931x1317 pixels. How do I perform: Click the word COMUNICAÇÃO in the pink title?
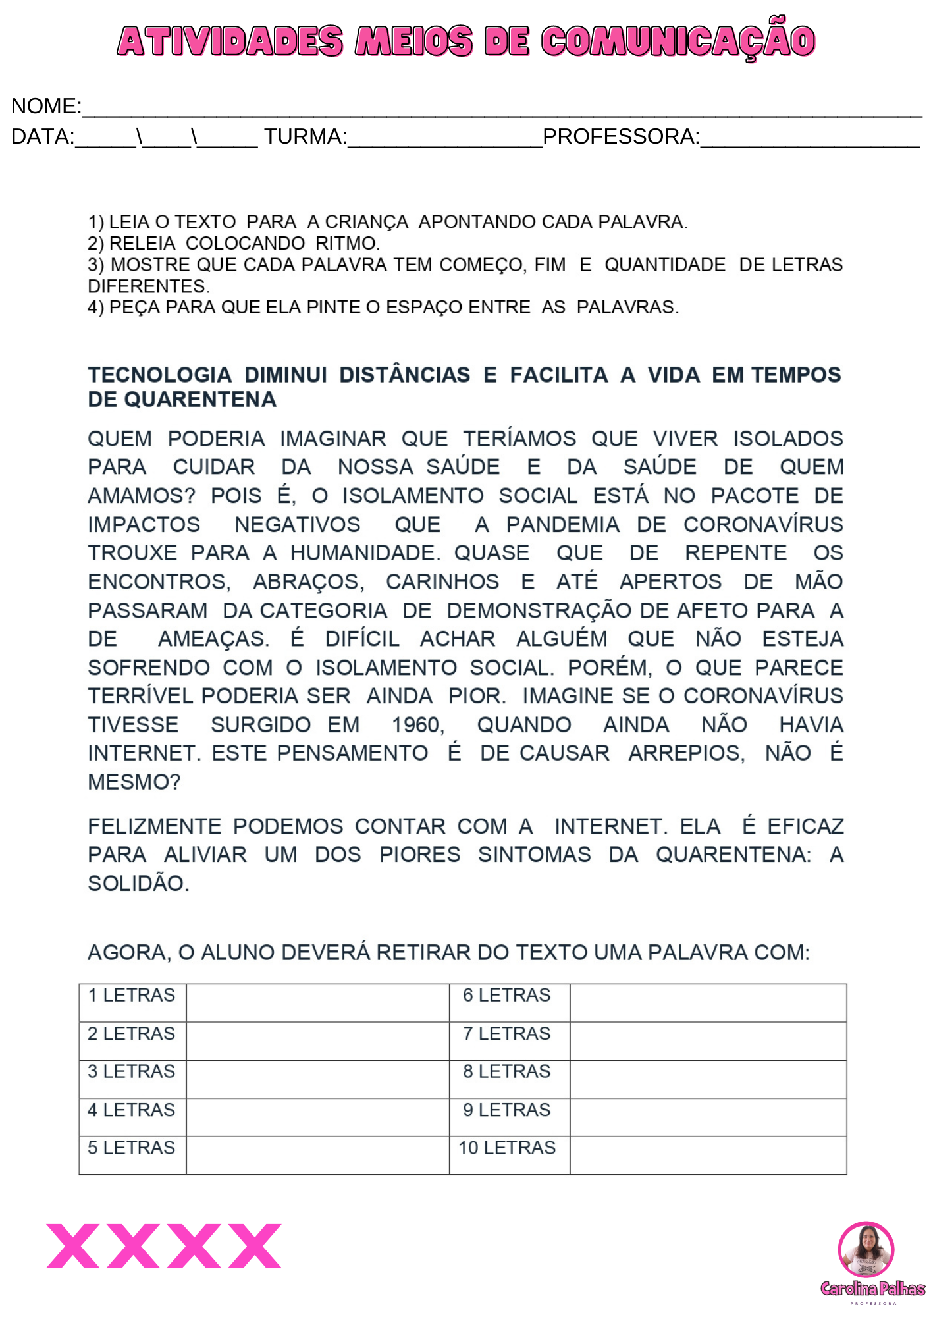coord(678,41)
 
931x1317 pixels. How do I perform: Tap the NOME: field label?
coord(46,106)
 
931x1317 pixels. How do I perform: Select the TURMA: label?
coord(306,136)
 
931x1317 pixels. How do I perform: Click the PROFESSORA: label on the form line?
coord(621,136)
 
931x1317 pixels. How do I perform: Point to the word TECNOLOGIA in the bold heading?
coord(160,375)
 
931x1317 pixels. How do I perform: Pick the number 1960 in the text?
coord(418,724)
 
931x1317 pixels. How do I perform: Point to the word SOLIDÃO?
coord(138,883)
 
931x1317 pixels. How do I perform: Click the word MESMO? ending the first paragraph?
coord(134,782)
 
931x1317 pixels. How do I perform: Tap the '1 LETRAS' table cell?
coord(132,995)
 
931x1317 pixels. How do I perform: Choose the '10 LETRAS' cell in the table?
coord(507,1148)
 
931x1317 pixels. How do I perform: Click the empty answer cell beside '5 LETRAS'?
coord(317,1155)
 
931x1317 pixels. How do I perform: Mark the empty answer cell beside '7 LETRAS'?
coord(708,1040)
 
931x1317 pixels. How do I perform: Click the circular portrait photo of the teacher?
coord(866,1249)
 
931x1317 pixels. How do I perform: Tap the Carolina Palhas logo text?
coord(872,1289)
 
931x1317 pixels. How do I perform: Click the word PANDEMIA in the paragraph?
coord(563,524)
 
